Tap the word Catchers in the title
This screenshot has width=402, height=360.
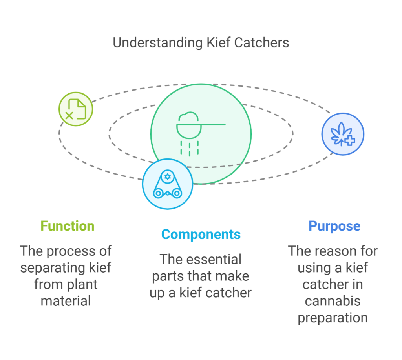pos(262,42)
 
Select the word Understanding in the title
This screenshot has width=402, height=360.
pos(158,42)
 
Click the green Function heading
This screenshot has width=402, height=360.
pos(68,226)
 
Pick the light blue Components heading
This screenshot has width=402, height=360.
pos(201,234)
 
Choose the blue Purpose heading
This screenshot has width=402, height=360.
pos(334,226)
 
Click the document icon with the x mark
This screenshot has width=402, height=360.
pos(76,109)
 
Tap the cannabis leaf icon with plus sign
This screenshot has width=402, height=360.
pos(342,134)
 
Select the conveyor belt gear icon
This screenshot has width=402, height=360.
pos(168,184)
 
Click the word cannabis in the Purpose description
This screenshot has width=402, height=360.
pos(333,301)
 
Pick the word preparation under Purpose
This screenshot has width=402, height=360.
pos(333,318)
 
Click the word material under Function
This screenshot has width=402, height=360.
pos(66,301)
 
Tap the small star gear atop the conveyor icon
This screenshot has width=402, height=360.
pos(168,177)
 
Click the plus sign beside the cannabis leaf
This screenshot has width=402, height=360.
pos(349,140)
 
